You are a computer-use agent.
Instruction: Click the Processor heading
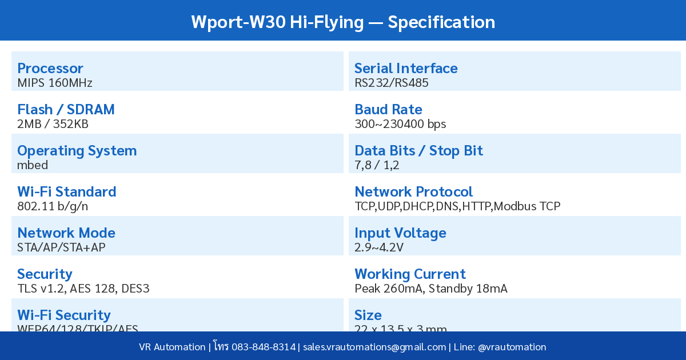(x=50, y=69)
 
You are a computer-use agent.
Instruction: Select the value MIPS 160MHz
(x=55, y=83)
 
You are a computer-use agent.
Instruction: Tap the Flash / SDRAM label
(x=66, y=110)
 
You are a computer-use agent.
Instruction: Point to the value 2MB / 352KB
(x=53, y=124)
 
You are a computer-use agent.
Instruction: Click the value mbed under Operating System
(x=33, y=165)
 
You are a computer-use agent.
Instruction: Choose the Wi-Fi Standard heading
(x=66, y=192)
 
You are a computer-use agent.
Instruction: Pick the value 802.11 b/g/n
(x=53, y=206)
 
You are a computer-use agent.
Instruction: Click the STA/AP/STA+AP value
(x=61, y=247)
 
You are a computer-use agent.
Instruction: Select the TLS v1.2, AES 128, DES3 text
(x=83, y=289)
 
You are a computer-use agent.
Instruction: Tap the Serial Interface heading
(x=406, y=69)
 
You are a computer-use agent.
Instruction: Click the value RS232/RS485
(x=392, y=83)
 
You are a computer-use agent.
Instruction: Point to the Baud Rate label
(x=388, y=110)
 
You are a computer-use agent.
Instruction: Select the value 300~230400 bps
(x=400, y=124)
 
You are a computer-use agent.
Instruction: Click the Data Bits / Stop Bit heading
(x=418, y=151)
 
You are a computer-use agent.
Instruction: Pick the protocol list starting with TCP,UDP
(x=457, y=206)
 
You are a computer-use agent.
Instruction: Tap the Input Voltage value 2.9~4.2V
(x=379, y=247)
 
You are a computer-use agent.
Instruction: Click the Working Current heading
(x=410, y=274)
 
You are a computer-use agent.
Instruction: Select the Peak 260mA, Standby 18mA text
(x=431, y=289)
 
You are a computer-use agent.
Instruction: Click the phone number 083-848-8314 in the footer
(x=264, y=347)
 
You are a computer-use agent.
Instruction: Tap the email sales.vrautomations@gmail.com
(x=374, y=347)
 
